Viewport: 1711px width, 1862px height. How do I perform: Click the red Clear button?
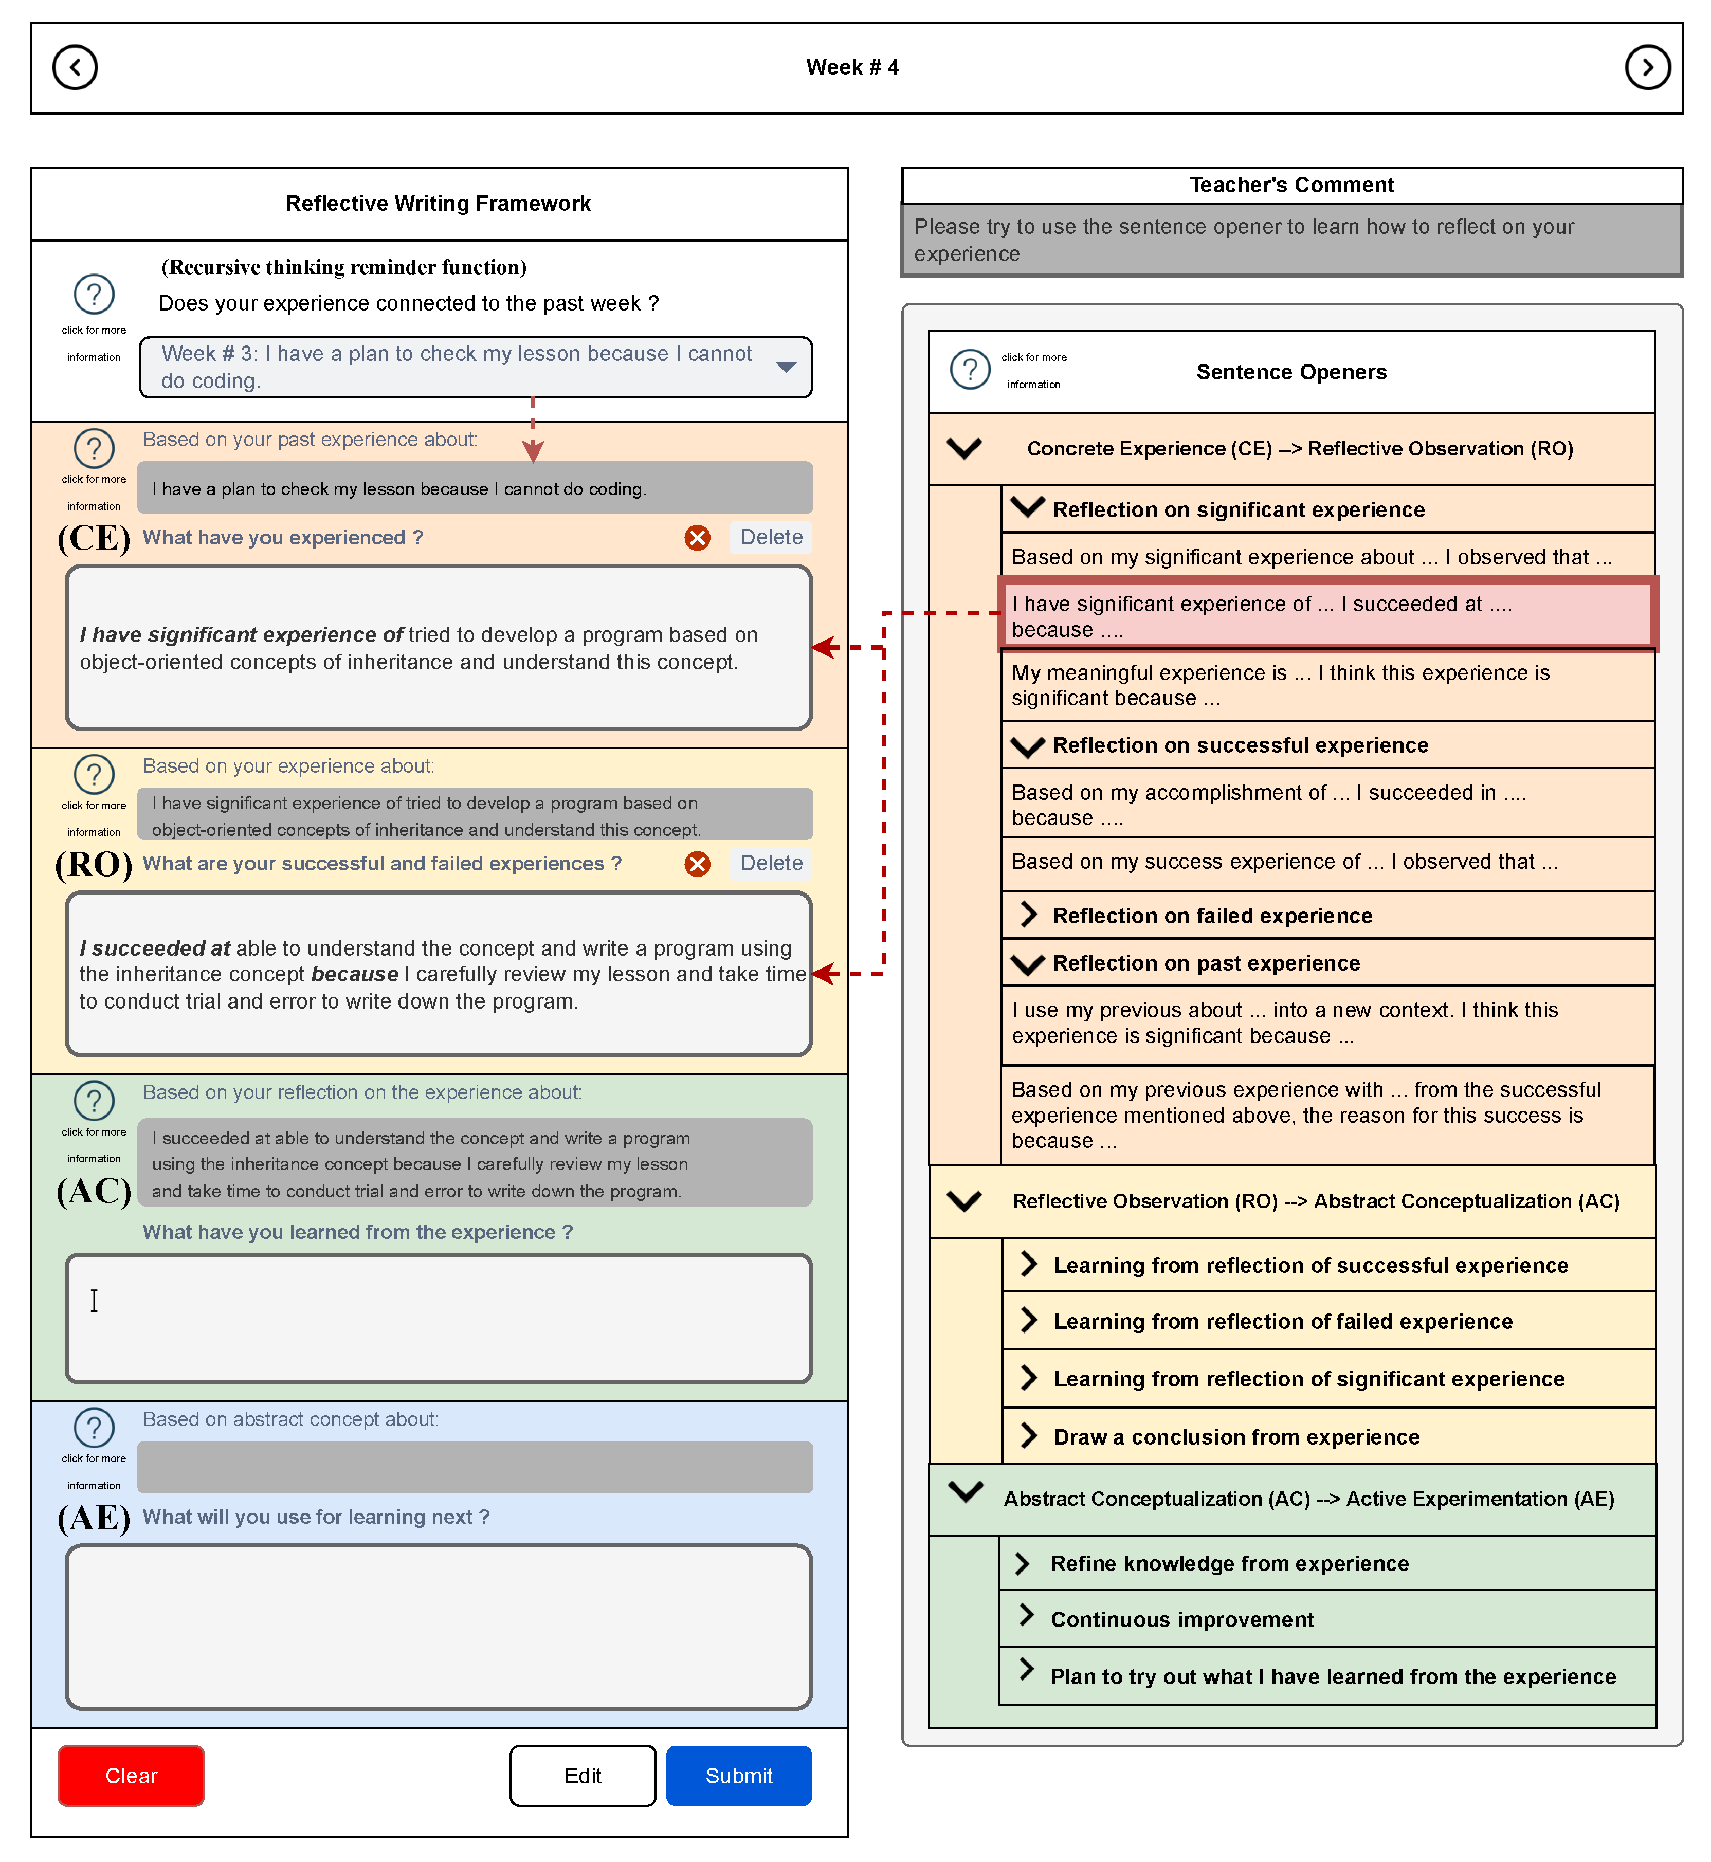[131, 1775]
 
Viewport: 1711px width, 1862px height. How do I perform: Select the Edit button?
[583, 1775]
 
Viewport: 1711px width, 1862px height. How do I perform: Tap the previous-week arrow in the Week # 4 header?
[75, 67]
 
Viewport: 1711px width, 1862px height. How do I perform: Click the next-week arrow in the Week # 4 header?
[1647, 67]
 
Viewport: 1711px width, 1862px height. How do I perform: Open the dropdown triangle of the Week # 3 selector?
[786, 368]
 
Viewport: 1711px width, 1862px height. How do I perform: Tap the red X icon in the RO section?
[697, 864]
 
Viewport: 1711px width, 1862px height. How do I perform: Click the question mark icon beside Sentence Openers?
[970, 370]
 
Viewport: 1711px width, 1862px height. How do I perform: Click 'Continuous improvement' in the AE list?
[1181, 1619]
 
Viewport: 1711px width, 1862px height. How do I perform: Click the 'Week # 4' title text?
[852, 67]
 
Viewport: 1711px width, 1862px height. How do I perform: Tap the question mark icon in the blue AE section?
[94, 1428]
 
